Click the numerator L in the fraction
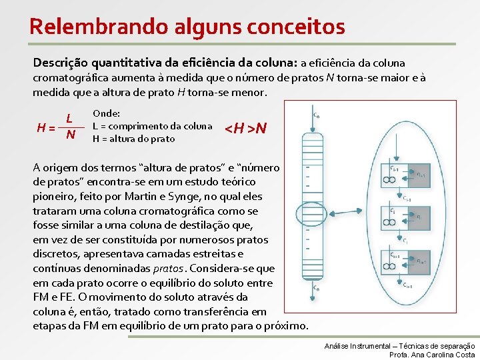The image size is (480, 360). click(x=69, y=119)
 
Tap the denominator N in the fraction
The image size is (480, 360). click(x=69, y=137)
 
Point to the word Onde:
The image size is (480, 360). click(x=106, y=114)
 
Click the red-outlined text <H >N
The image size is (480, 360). click(x=245, y=127)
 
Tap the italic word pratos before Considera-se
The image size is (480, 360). click(x=167, y=269)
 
